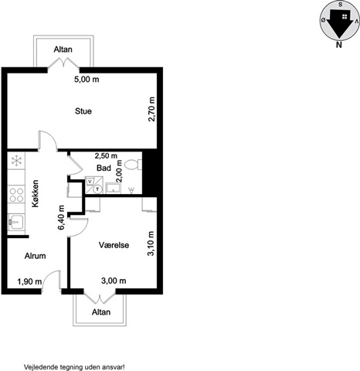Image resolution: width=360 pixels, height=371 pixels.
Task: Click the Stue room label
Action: coord(83,111)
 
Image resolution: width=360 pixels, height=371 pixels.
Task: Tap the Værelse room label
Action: coord(114,245)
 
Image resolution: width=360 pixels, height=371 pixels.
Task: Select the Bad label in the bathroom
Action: coord(104,168)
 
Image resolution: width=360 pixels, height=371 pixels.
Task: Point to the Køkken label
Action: coord(36,193)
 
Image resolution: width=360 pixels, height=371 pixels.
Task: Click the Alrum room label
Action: coord(36,256)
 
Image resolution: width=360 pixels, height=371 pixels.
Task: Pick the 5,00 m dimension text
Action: coord(87,80)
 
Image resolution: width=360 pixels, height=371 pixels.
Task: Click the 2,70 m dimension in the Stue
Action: coord(151,109)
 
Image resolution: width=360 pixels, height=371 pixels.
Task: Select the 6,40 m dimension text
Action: coord(61,217)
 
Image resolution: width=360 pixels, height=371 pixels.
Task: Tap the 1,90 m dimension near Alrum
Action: coord(29,281)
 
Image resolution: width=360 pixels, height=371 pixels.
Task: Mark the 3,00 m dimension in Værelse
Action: coord(114,281)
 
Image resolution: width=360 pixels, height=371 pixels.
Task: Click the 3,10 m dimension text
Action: coord(151,243)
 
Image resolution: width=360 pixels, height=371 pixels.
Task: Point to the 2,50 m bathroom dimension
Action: coord(106,155)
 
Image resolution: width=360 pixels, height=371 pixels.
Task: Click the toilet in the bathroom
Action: coord(133,165)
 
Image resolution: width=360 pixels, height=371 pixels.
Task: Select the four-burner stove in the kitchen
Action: coord(17,195)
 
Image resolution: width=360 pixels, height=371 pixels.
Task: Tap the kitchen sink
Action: coord(15,222)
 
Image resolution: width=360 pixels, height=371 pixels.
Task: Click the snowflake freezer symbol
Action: coord(17,161)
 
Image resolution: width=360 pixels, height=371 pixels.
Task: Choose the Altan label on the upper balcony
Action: coord(63,49)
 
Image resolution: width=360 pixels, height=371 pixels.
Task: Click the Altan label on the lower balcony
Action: coord(101,312)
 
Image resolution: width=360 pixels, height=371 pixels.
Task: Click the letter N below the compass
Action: coord(339,45)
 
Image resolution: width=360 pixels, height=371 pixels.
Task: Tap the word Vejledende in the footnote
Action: coord(40,366)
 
